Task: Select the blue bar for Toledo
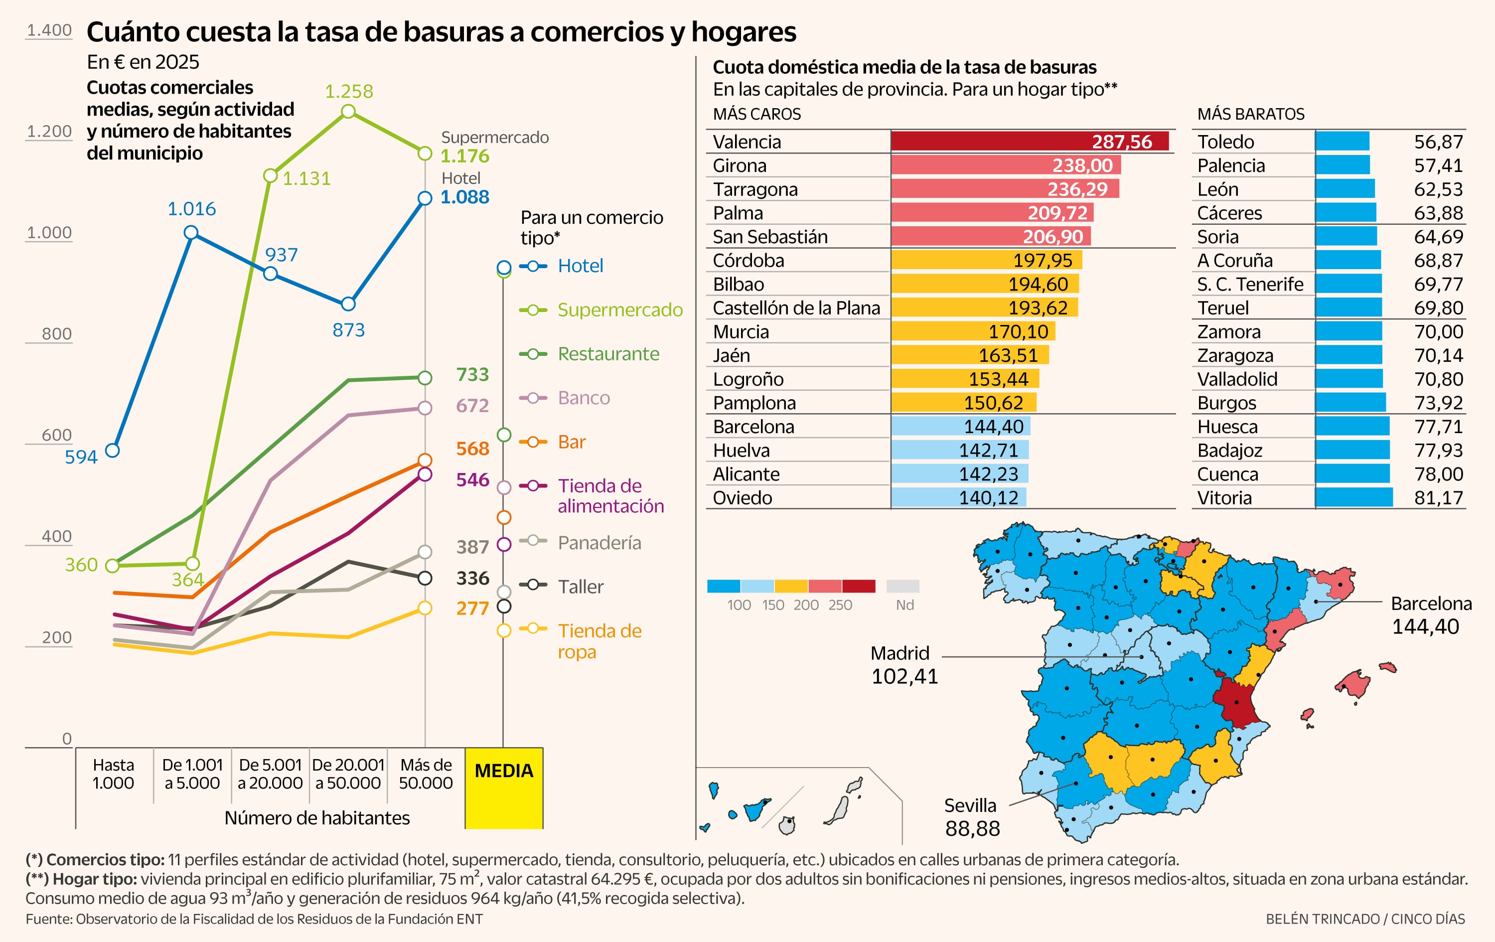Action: coord(1342,142)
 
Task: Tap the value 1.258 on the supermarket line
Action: coord(349,91)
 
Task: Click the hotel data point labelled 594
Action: coord(112,450)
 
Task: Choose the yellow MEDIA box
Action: coord(503,787)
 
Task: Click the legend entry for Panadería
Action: coord(598,543)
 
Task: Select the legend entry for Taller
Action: coord(580,586)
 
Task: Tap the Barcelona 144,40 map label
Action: coord(1430,615)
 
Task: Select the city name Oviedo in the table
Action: coord(742,498)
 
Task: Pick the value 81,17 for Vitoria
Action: coord(1438,498)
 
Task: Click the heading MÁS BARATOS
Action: coord(1250,114)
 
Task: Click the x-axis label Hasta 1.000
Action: coord(113,774)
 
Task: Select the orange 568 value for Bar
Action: coord(472,449)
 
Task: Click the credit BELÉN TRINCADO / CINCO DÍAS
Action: coord(1364,919)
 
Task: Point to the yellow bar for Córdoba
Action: coord(986,260)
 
